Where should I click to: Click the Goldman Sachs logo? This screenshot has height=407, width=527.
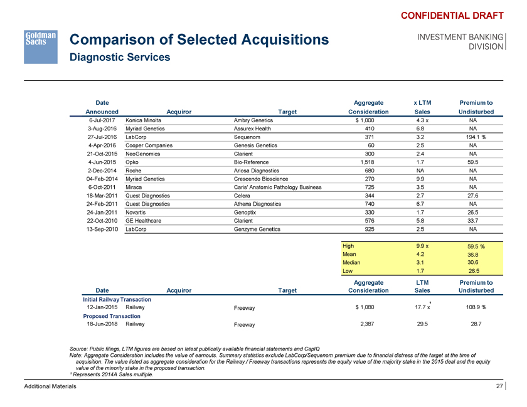point(41,46)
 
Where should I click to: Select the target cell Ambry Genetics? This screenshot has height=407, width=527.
point(254,119)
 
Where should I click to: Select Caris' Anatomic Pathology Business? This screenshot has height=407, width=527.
point(277,187)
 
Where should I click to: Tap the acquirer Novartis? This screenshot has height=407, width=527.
point(137,213)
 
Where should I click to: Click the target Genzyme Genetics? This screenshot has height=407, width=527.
point(257,230)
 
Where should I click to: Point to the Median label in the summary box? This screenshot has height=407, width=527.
point(352,263)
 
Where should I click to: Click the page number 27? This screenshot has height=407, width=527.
point(499,386)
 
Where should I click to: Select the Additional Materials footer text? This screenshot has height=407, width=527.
point(50,387)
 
